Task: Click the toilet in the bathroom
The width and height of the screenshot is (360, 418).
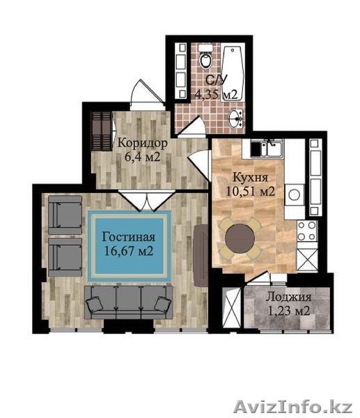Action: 205,58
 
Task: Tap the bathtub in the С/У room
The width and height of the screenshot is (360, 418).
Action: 233,73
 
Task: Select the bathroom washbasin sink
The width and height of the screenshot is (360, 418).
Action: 236,119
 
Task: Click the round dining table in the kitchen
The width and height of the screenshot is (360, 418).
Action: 240,238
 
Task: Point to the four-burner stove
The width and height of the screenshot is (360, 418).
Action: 307,231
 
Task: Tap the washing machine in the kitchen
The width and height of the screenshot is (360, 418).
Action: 295,194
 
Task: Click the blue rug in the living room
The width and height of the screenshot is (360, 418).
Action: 130,247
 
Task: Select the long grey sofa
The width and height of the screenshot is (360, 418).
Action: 129,302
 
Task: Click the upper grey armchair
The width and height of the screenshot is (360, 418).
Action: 65,215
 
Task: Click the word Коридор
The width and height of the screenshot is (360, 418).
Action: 143,143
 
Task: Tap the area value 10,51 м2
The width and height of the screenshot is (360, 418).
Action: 250,191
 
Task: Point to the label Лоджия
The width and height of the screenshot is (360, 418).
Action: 288,297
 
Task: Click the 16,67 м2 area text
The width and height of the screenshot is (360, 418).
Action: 129,251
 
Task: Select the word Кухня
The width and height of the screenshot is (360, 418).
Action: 250,178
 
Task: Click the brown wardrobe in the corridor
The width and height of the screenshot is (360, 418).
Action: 101,132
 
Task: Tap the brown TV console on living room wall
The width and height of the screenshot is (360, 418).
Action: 201,256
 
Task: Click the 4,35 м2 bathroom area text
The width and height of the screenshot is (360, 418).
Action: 216,94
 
